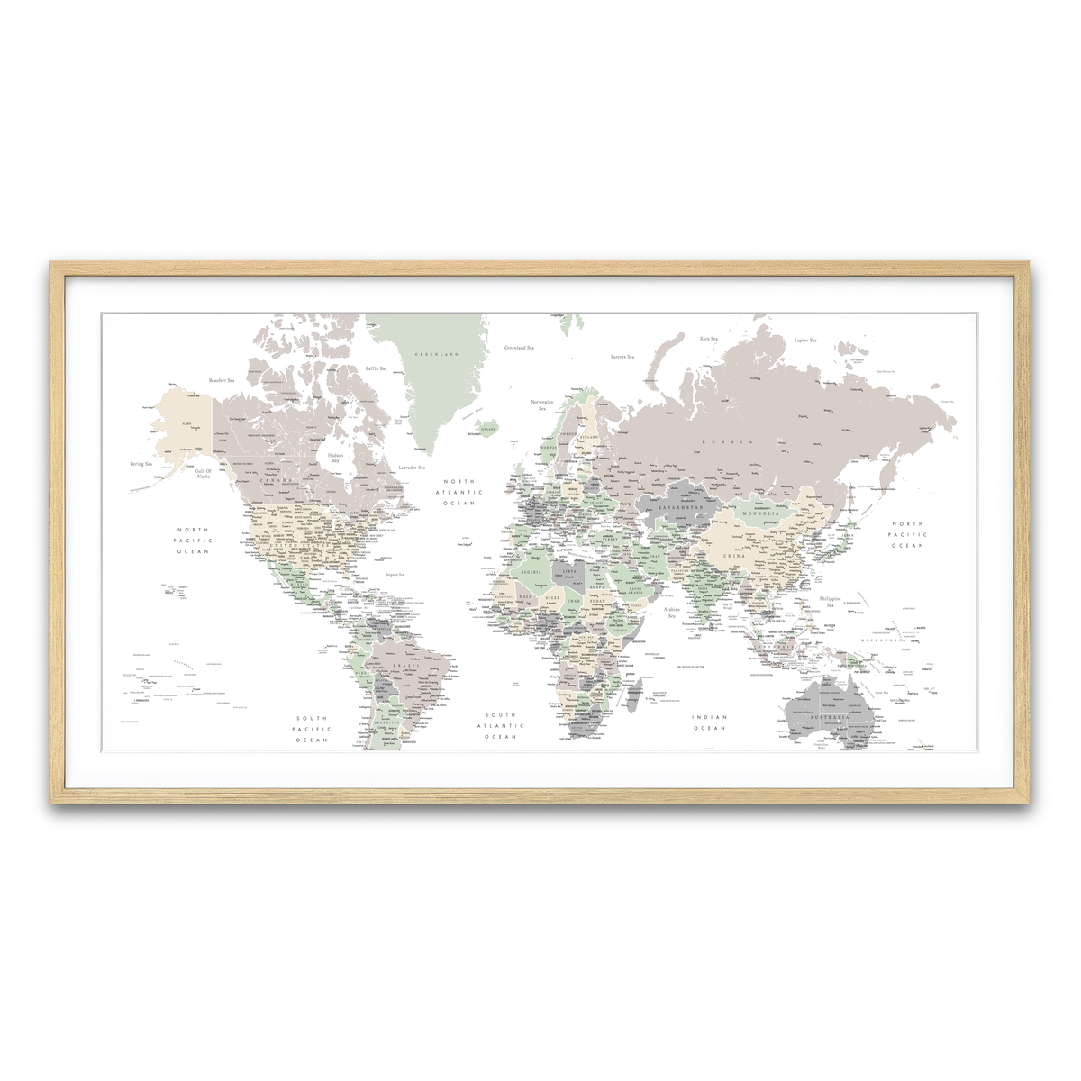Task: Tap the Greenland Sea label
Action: pyautogui.click(x=518, y=348)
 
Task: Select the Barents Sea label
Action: pyautogui.click(x=622, y=357)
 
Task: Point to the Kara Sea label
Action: pyautogui.click(x=709, y=339)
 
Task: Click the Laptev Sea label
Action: pyautogui.click(x=805, y=341)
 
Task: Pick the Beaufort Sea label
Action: pyautogui.click(x=221, y=380)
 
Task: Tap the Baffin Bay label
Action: pyautogui.click(x=377, y=368)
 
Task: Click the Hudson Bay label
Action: pyautogui.click(x=335, y=458)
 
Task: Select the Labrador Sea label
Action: pyautogui.click(x=412, y=468)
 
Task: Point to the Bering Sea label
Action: pyautogui.click(x=141, y=464)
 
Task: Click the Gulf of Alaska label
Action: pyautogui.click(x=203, y=473)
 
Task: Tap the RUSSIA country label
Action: pyautogui.click(x=729, y=441)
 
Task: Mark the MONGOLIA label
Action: pyautogui.click(x=760, y=513)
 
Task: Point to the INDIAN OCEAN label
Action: pyautogui.click(x=709, y=722)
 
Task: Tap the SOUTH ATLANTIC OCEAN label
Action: pyautogui.click(x=501, y=726)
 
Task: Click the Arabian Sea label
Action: pyautogui.click(x=672, y=613)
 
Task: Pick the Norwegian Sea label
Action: pyautogui.click(x=542, y=404)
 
